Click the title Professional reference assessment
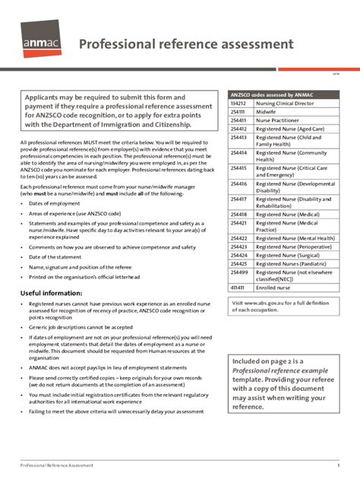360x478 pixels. pos(187,43)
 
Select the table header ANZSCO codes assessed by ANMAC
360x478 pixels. pos(272,94)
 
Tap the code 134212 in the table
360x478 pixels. pos(238,102)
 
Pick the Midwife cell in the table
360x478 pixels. pos(266,112)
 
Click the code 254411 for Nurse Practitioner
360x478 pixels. pos(238,120)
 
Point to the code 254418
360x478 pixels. pos(238,215)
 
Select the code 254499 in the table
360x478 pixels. pos(238,272)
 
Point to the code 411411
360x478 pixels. pos(238,288)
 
